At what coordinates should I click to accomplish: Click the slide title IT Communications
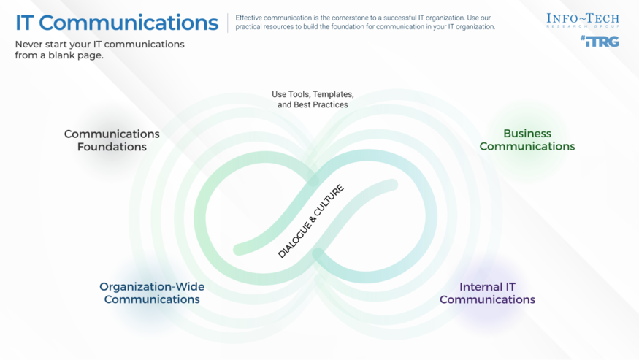116,23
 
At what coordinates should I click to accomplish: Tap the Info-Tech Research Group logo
583,20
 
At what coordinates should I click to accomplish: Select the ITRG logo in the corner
600,42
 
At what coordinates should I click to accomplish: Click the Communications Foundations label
112,140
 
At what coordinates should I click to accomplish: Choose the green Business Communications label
527,140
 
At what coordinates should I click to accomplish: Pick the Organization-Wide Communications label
152,293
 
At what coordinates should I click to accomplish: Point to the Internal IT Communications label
487,293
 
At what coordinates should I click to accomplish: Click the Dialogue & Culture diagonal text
310,221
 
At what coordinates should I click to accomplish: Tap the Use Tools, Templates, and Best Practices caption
313,99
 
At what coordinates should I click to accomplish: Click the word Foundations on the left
112,147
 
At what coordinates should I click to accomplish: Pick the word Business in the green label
527,134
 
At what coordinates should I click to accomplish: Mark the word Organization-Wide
152,286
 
